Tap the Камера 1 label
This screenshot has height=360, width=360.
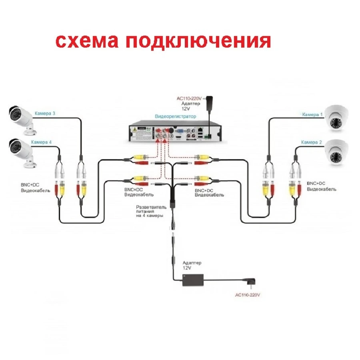pyautogui.click(x=312, y=114)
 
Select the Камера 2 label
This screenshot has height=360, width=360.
pyautogui.click(x=311, y=142)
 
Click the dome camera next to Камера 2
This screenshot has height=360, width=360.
pyautogui.click(x=338, y=152)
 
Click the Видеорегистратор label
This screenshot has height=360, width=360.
pyautogui.click(x=176, y=116)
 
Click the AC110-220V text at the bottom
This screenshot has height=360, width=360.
pyautogui.click(x=248, y=295)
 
